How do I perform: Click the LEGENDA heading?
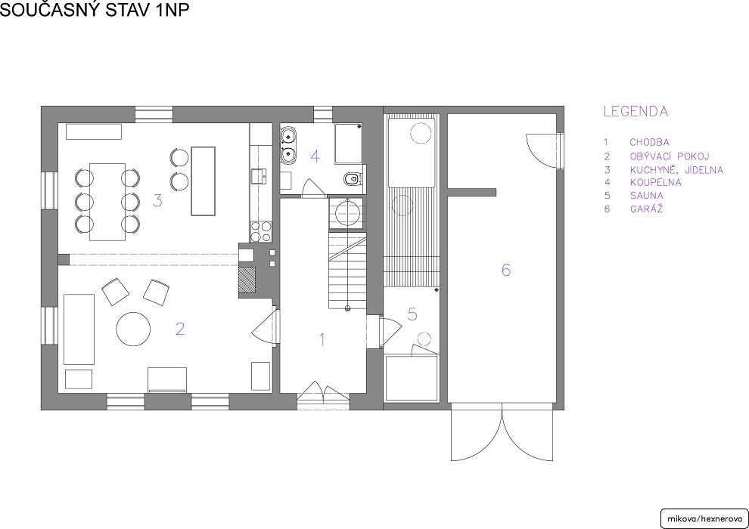pyautogui.click(x=636, y=112)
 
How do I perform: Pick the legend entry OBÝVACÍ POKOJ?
pyautogui.click(x=670, y=156)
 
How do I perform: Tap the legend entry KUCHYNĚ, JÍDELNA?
pyautogui.click(x=676, y=170)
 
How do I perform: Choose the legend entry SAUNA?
pyautogui.click(x=646, y=196)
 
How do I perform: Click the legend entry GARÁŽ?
pyautogui.click(x=646, y=209)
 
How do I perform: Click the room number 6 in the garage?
pyautogui.click(x=506, y=270)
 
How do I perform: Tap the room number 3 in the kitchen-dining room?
pyautogui.click(x=157, y=200)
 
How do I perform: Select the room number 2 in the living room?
pyautogui.click(x=179, y=329)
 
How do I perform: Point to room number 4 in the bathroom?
pyautogui.click(x=315, y=156)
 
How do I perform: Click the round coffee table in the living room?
pyautogui.click(x=133, y=329)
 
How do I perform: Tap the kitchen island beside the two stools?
pyautogui.click(x=203, y=181)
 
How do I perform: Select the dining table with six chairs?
pyautogui.click(x=107, y=202)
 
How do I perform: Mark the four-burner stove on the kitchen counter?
pyautogui.click(x=261, y=231)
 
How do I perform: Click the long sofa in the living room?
pyautogui.click(x=79, y=329)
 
